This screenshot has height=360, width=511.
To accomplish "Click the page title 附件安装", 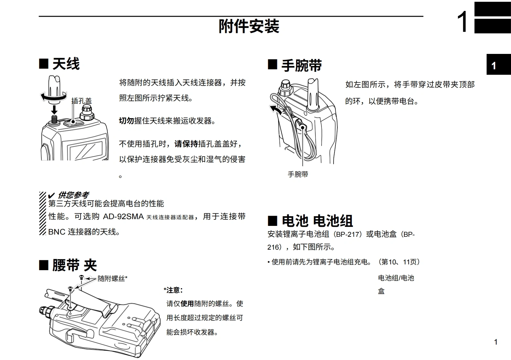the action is (249, 26).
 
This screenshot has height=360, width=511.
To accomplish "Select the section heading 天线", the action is (66, 64).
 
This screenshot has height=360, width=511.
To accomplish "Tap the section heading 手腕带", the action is (302, 65).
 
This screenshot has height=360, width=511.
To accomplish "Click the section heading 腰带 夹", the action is (74, 265).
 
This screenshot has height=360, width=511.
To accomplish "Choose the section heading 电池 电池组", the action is (317, 221).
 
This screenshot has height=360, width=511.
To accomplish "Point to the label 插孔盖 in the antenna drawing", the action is (82, 101).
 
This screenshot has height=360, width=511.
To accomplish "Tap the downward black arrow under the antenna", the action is (54, 109).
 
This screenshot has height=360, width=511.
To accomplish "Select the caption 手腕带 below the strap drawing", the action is (298, 175).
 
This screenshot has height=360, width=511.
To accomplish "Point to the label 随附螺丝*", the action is (112, 279).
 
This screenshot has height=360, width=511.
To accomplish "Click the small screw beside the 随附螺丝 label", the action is (82, 278).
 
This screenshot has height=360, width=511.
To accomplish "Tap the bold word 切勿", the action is (126, 121).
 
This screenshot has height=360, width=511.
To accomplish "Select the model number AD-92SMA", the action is (123, 216).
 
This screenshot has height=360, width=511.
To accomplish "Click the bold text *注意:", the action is (173, 290).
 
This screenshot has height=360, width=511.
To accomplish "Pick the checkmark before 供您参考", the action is (51, 195).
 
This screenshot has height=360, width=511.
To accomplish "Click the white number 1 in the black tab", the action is (494, 66).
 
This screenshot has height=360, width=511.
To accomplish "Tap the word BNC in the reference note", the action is (57, 232).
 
